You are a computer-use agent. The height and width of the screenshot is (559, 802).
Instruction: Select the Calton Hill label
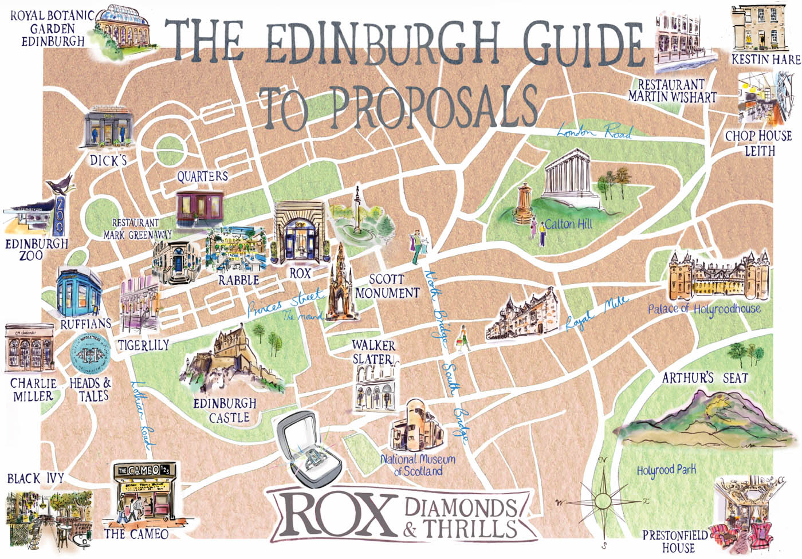pyautogui.click(x=568, y=224)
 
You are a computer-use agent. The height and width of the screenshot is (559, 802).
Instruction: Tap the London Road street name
pyautogui.click(x=594, y=132)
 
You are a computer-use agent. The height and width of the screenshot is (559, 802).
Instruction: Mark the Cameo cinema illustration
pyautogui.click(x=143, y=495)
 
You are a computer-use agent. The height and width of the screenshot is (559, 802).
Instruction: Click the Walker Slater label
pyautogui.click(x=373, y=352)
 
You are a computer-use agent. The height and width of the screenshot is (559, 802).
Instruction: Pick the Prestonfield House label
pyautogui.click(x=675, y=541)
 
